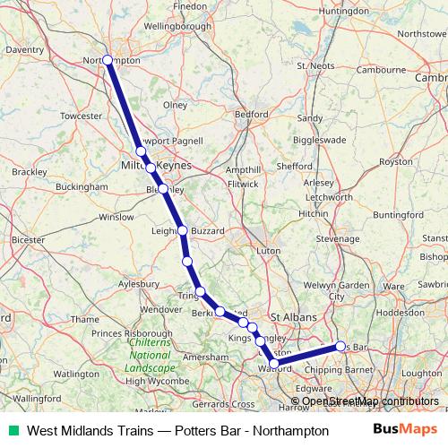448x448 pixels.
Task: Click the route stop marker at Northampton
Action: pyautogui.click(x=108, y=60)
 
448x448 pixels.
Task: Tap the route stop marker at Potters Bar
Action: pyautogui.click(x=340, y=346)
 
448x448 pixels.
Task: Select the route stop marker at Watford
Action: pyautogui.click(x=271, y=363)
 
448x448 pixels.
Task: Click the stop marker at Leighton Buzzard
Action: pyautogui.click(x=183, y=230)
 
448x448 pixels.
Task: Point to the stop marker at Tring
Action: pyautogui.click(x=202, y=291)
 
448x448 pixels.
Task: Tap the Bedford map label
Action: pyautogui.click(x=251, y=115)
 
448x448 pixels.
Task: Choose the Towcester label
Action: pyautogui.click(x=82, y=116)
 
